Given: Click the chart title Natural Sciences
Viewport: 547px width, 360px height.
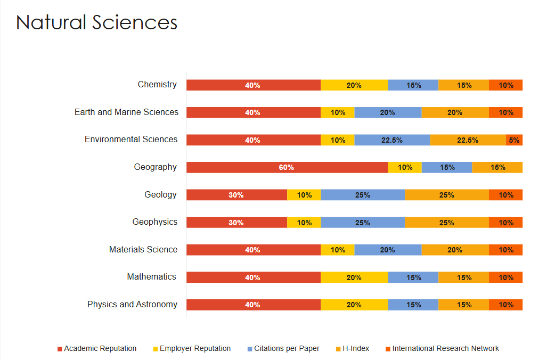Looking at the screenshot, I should click(96, 23).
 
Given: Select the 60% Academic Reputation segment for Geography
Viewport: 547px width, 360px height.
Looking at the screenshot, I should click(287, 167).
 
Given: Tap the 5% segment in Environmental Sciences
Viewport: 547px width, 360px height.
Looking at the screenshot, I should click(514, 140).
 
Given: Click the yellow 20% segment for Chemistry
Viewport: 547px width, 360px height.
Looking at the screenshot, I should click(354, 85).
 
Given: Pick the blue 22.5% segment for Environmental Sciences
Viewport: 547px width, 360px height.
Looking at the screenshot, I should click(392, 140).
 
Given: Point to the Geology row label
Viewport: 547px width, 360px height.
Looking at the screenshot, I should click(160, 194).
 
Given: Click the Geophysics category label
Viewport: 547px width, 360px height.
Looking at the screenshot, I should click(155, 222).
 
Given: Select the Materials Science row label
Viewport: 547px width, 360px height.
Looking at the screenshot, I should click(143, 249).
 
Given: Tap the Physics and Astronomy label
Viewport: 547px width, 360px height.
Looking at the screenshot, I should click(132, 304).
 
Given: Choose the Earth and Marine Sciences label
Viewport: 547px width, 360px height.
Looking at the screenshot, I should click(126, 112).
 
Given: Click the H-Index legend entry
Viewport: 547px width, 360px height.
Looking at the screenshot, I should click(355, 348).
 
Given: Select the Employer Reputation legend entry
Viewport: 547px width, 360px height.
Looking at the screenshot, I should click(195, 348).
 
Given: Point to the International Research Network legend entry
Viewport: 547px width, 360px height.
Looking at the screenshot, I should click(445, 348).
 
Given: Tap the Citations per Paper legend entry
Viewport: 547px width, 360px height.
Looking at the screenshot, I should click(287, 348).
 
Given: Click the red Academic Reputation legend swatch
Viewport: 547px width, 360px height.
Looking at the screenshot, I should click(60, 349).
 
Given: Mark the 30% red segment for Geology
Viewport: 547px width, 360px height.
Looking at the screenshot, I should click(236, 195).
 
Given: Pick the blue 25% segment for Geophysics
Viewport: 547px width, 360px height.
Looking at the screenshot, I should click(363, 223).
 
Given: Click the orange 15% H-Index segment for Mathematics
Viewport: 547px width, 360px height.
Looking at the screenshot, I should click(464, 277).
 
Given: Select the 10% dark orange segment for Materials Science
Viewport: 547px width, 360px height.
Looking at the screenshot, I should click(506, 250).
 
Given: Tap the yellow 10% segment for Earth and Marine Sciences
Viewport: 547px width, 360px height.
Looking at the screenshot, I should click(338, 112).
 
